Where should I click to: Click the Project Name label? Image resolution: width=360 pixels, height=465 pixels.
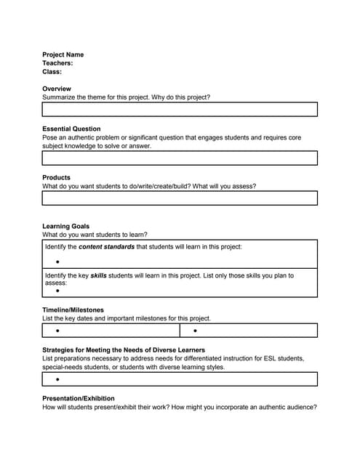[63, 54]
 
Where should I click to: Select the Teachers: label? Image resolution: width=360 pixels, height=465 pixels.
[57, 63]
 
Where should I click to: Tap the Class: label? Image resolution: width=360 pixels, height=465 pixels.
[52, 72]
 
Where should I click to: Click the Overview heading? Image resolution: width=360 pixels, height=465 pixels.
[57, 89]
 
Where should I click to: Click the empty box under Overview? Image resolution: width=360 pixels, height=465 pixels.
[180, 110]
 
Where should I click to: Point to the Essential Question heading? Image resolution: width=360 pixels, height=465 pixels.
[71, 129]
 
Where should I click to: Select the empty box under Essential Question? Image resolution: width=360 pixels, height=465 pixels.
[180, 158]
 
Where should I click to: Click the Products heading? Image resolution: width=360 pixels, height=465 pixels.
[56, 177]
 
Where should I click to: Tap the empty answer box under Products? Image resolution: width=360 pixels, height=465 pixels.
[180, 198]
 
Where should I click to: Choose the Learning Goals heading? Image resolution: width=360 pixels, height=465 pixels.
[66, 226]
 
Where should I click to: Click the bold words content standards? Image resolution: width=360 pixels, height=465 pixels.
[106, 247]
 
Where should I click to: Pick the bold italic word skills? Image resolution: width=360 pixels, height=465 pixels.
[98, 276]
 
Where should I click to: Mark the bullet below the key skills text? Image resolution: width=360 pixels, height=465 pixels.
[57, 291]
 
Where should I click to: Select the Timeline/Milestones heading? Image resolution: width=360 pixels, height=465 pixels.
[73, 310]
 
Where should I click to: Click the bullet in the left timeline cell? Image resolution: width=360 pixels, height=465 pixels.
[57, 331]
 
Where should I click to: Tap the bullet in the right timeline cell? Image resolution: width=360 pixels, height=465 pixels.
[196, 331]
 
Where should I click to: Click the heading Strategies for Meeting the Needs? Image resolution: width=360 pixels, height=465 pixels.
[124, 350]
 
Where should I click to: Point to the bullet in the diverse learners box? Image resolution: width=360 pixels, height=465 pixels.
[57, 379]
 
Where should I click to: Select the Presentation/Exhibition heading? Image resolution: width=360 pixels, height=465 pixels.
[79, 398]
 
